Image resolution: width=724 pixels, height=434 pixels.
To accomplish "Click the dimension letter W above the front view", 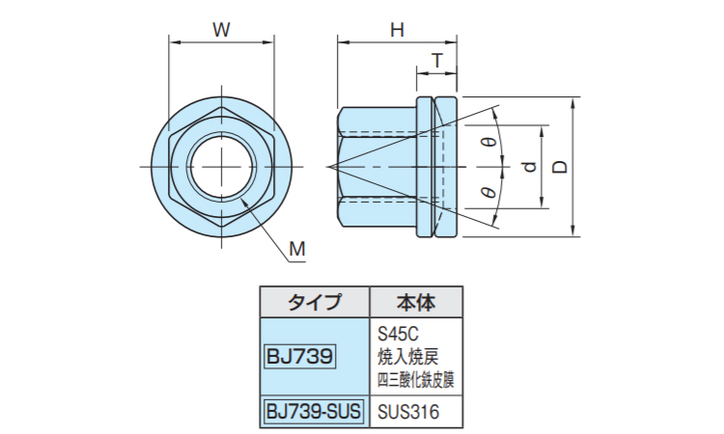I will point(221,29).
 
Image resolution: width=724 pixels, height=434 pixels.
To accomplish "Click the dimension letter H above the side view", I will point(396,29).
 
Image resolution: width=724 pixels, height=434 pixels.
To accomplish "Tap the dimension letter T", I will point(436,61).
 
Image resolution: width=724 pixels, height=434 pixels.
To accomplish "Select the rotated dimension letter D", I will point(560,167).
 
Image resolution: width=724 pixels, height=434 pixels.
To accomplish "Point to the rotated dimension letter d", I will point(529,167).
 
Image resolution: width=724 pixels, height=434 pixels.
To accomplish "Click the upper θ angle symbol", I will point(488,143).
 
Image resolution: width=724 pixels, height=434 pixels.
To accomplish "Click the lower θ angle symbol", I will point(488,192).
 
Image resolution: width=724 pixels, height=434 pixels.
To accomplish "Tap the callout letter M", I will point(297,249).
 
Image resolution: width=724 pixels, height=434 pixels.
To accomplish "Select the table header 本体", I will point(415,302).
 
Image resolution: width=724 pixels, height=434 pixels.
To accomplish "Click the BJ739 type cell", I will point(299,357).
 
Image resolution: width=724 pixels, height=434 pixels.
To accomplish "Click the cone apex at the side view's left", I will point(329,167).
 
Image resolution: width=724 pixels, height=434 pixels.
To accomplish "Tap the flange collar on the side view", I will point(435,167).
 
